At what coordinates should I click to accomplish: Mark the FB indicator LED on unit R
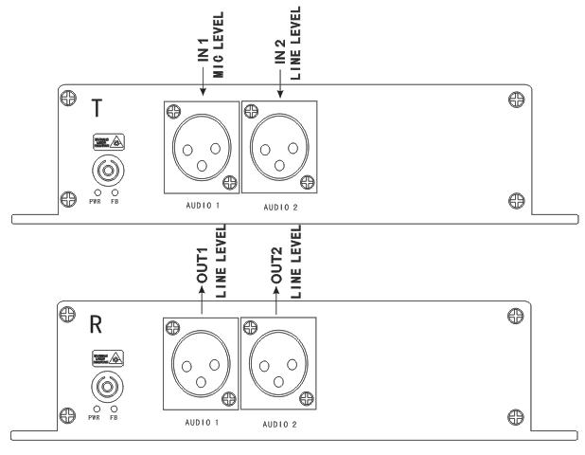point(114,410)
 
